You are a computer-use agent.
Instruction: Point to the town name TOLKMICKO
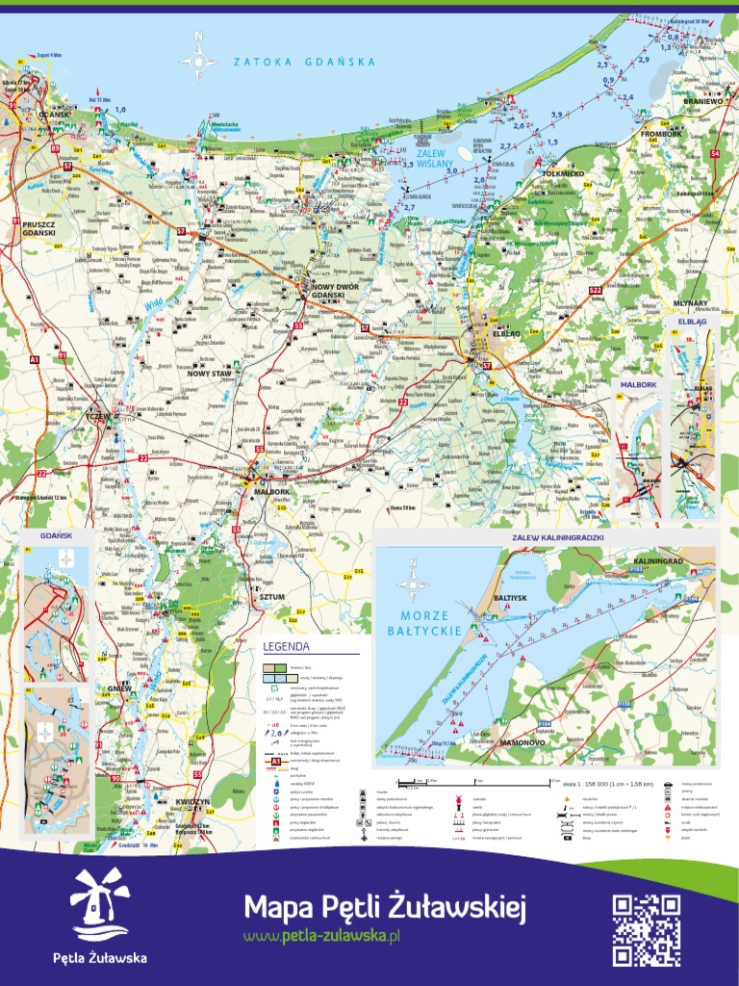563,173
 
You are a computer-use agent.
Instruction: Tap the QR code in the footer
647,929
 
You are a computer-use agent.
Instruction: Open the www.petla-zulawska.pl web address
321,936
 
